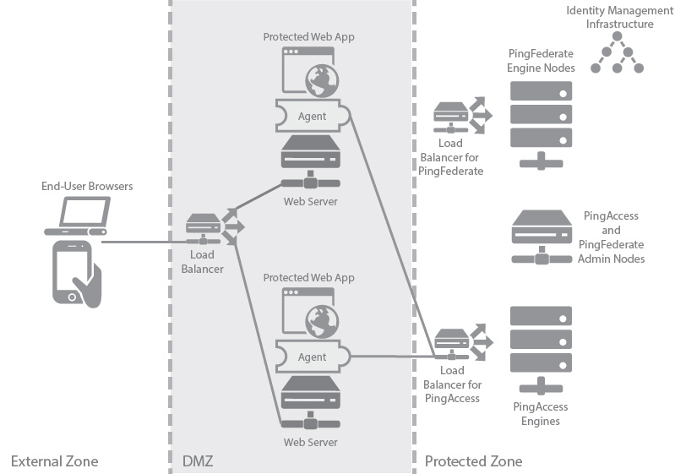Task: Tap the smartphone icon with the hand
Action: tap(75, 271)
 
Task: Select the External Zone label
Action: tap(54, 461)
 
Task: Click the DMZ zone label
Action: tap(199, 461)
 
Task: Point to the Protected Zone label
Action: tap(473, 461)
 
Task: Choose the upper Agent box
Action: tap(313, 115)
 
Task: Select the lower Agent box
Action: tap(313, 357)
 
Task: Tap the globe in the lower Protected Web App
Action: tap(321, 321)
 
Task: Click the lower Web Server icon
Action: tap(312, 402)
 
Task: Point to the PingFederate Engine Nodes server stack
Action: tap(542, 118)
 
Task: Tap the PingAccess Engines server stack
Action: tap(542, 348)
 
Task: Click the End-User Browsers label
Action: tap(87, 186)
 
